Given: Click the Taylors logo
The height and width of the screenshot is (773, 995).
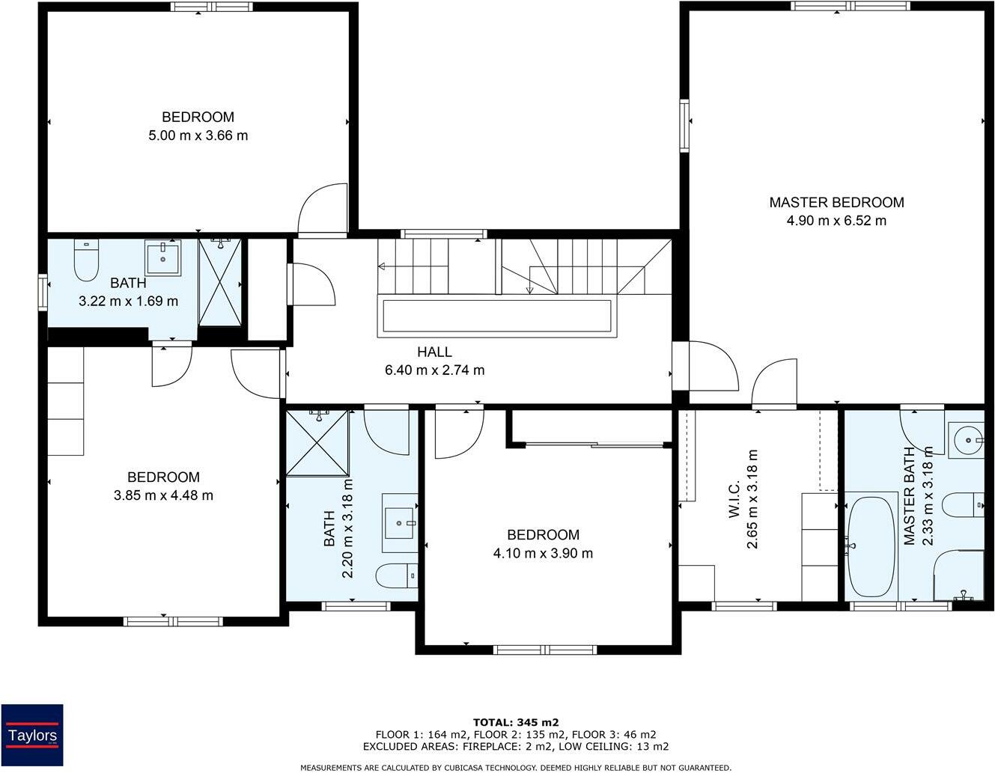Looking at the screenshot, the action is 32,735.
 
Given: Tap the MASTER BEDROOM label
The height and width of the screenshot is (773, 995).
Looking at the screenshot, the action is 836,202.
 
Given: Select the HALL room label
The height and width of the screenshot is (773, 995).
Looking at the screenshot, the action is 434,352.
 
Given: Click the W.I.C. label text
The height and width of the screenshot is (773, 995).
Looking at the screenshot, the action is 734,499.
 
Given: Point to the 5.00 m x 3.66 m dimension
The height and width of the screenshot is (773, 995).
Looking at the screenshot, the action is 198,135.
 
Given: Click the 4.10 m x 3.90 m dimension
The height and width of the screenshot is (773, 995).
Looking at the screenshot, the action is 543,553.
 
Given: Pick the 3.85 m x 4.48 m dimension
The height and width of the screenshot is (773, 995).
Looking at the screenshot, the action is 163,495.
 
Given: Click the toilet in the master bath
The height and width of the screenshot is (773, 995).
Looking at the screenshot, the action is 963,505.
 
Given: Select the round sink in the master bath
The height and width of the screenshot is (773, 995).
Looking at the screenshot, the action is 966,440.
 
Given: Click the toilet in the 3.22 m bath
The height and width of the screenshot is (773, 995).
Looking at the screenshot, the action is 86,260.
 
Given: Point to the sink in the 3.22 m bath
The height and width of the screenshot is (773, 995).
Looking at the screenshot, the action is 162,257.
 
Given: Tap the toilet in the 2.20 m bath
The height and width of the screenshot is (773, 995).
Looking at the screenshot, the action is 397,575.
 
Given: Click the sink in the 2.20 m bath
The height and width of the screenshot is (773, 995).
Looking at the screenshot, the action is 400,523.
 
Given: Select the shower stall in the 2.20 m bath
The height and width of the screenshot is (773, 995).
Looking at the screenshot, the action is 317,444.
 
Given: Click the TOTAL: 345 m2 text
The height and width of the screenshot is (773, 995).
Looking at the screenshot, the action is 516,723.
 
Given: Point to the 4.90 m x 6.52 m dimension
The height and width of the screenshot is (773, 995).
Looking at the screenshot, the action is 836,221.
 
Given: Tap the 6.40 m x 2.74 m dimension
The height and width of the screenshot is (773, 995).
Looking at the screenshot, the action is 434,370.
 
